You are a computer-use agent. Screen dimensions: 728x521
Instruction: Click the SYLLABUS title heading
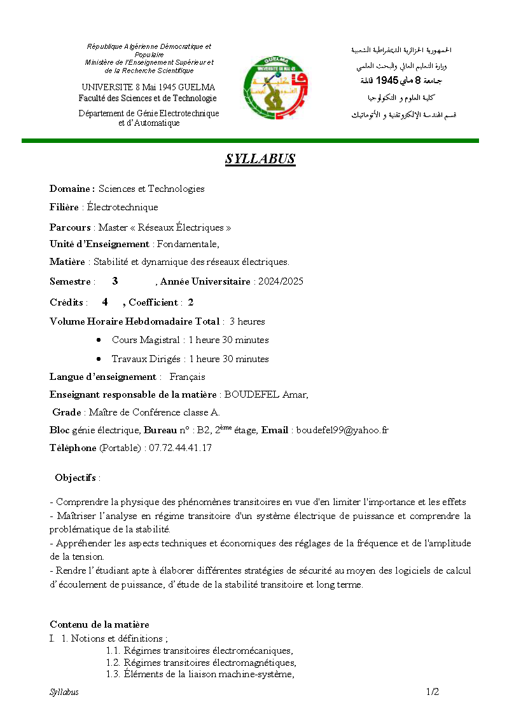tap(260, 159)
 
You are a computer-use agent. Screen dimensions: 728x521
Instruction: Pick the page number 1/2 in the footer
tap(433, 692)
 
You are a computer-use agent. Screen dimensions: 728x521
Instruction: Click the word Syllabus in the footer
tap(64, 692)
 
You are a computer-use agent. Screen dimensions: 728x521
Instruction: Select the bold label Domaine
tap(72, 189)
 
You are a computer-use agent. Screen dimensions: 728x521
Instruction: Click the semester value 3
tap(115, 281)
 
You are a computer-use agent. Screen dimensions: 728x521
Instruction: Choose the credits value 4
tap(105, 302)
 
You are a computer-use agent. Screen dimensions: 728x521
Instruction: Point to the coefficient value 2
tap(190, 302)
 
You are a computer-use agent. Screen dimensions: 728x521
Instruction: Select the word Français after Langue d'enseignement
tap(187, 377)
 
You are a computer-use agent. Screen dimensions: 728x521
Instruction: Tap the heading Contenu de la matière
tap(99, 624)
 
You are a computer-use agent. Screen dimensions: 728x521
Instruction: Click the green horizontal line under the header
tap(250, 140)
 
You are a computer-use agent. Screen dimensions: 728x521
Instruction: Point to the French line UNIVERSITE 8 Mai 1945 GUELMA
tap(148, 87)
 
